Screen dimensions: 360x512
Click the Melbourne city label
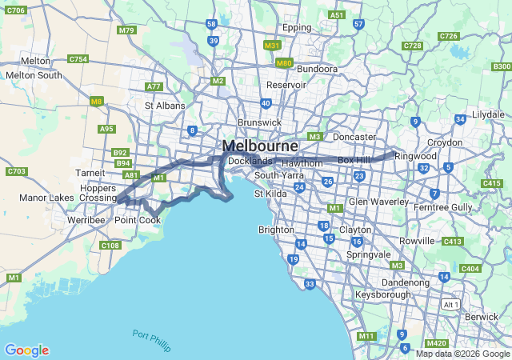click(x=260, y=146)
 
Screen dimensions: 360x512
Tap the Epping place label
click(x=296, y=27)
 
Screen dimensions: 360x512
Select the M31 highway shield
click(x=272, y=46)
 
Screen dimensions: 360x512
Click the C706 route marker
click(x=15, y=10)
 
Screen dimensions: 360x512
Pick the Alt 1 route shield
click(x=451, y=305)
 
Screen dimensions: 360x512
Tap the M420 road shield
click(x=437, y=343)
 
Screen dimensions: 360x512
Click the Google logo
click(x=26, y=350)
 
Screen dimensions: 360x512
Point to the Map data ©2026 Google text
click(x=462, y=354)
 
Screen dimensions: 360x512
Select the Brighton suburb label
click(x=276, y=230)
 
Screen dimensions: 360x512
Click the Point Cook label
click(x=138, y=220)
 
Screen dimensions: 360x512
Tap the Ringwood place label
click(x=415, y=156)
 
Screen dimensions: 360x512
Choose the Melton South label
click(x=34, y=75)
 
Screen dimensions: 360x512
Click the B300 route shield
click(x=502, y=66)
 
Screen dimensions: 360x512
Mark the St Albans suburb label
click(x=165, y=105)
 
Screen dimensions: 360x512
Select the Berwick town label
click(x=481, y=317)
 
